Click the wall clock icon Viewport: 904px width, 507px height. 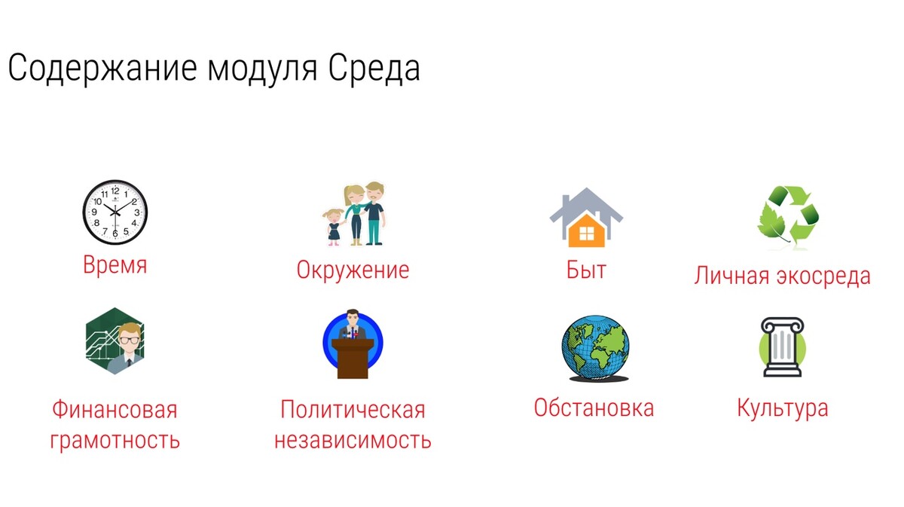(115, 212)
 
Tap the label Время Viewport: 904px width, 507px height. (115, 265)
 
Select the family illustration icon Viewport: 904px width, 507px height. (354, 214)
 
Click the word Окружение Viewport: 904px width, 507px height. (353, 270)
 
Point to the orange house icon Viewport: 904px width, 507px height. (586, 217)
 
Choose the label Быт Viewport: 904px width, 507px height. (586, 270)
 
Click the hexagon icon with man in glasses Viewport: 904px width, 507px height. (115, 341)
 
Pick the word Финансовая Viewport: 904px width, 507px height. (115, 409)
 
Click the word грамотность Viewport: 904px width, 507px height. (115, 440)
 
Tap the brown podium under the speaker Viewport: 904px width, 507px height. (353, 359)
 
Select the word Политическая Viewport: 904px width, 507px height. (353, 409)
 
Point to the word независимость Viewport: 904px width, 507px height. (353, 440)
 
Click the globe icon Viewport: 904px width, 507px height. (596, 348)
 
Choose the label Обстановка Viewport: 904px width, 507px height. (594, 408)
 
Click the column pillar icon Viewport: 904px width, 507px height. (782, 347)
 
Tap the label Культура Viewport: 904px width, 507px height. (783, 408)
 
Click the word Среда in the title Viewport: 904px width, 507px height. (374, 69)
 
